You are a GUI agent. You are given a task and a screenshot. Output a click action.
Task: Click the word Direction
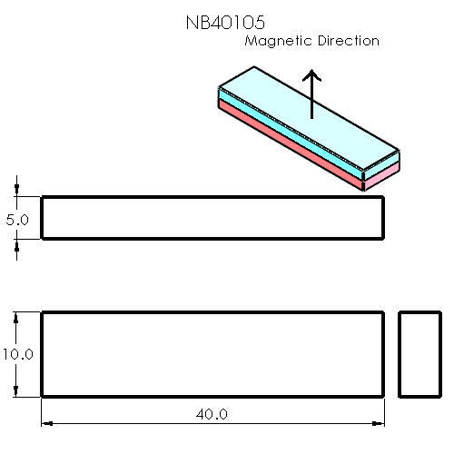(345, 41)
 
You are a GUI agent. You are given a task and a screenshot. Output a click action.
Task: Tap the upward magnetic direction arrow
(311, 94)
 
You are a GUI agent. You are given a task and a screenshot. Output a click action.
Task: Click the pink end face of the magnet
(381, 174)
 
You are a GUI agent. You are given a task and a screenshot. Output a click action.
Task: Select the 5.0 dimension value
(17, 219)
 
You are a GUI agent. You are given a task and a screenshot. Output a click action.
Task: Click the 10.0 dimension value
(16, 354)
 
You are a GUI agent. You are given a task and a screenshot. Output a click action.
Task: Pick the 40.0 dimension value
(212, 414)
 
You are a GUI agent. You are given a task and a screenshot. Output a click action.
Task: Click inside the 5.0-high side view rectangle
(212, 218)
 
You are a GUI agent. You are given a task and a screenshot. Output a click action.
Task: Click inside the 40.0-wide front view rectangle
(212, 354)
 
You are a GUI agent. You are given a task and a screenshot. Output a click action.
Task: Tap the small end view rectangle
(420, 354)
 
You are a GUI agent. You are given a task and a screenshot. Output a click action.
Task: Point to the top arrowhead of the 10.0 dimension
(17, 318)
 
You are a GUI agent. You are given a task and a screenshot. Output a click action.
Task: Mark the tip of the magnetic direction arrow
(311, 70)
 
